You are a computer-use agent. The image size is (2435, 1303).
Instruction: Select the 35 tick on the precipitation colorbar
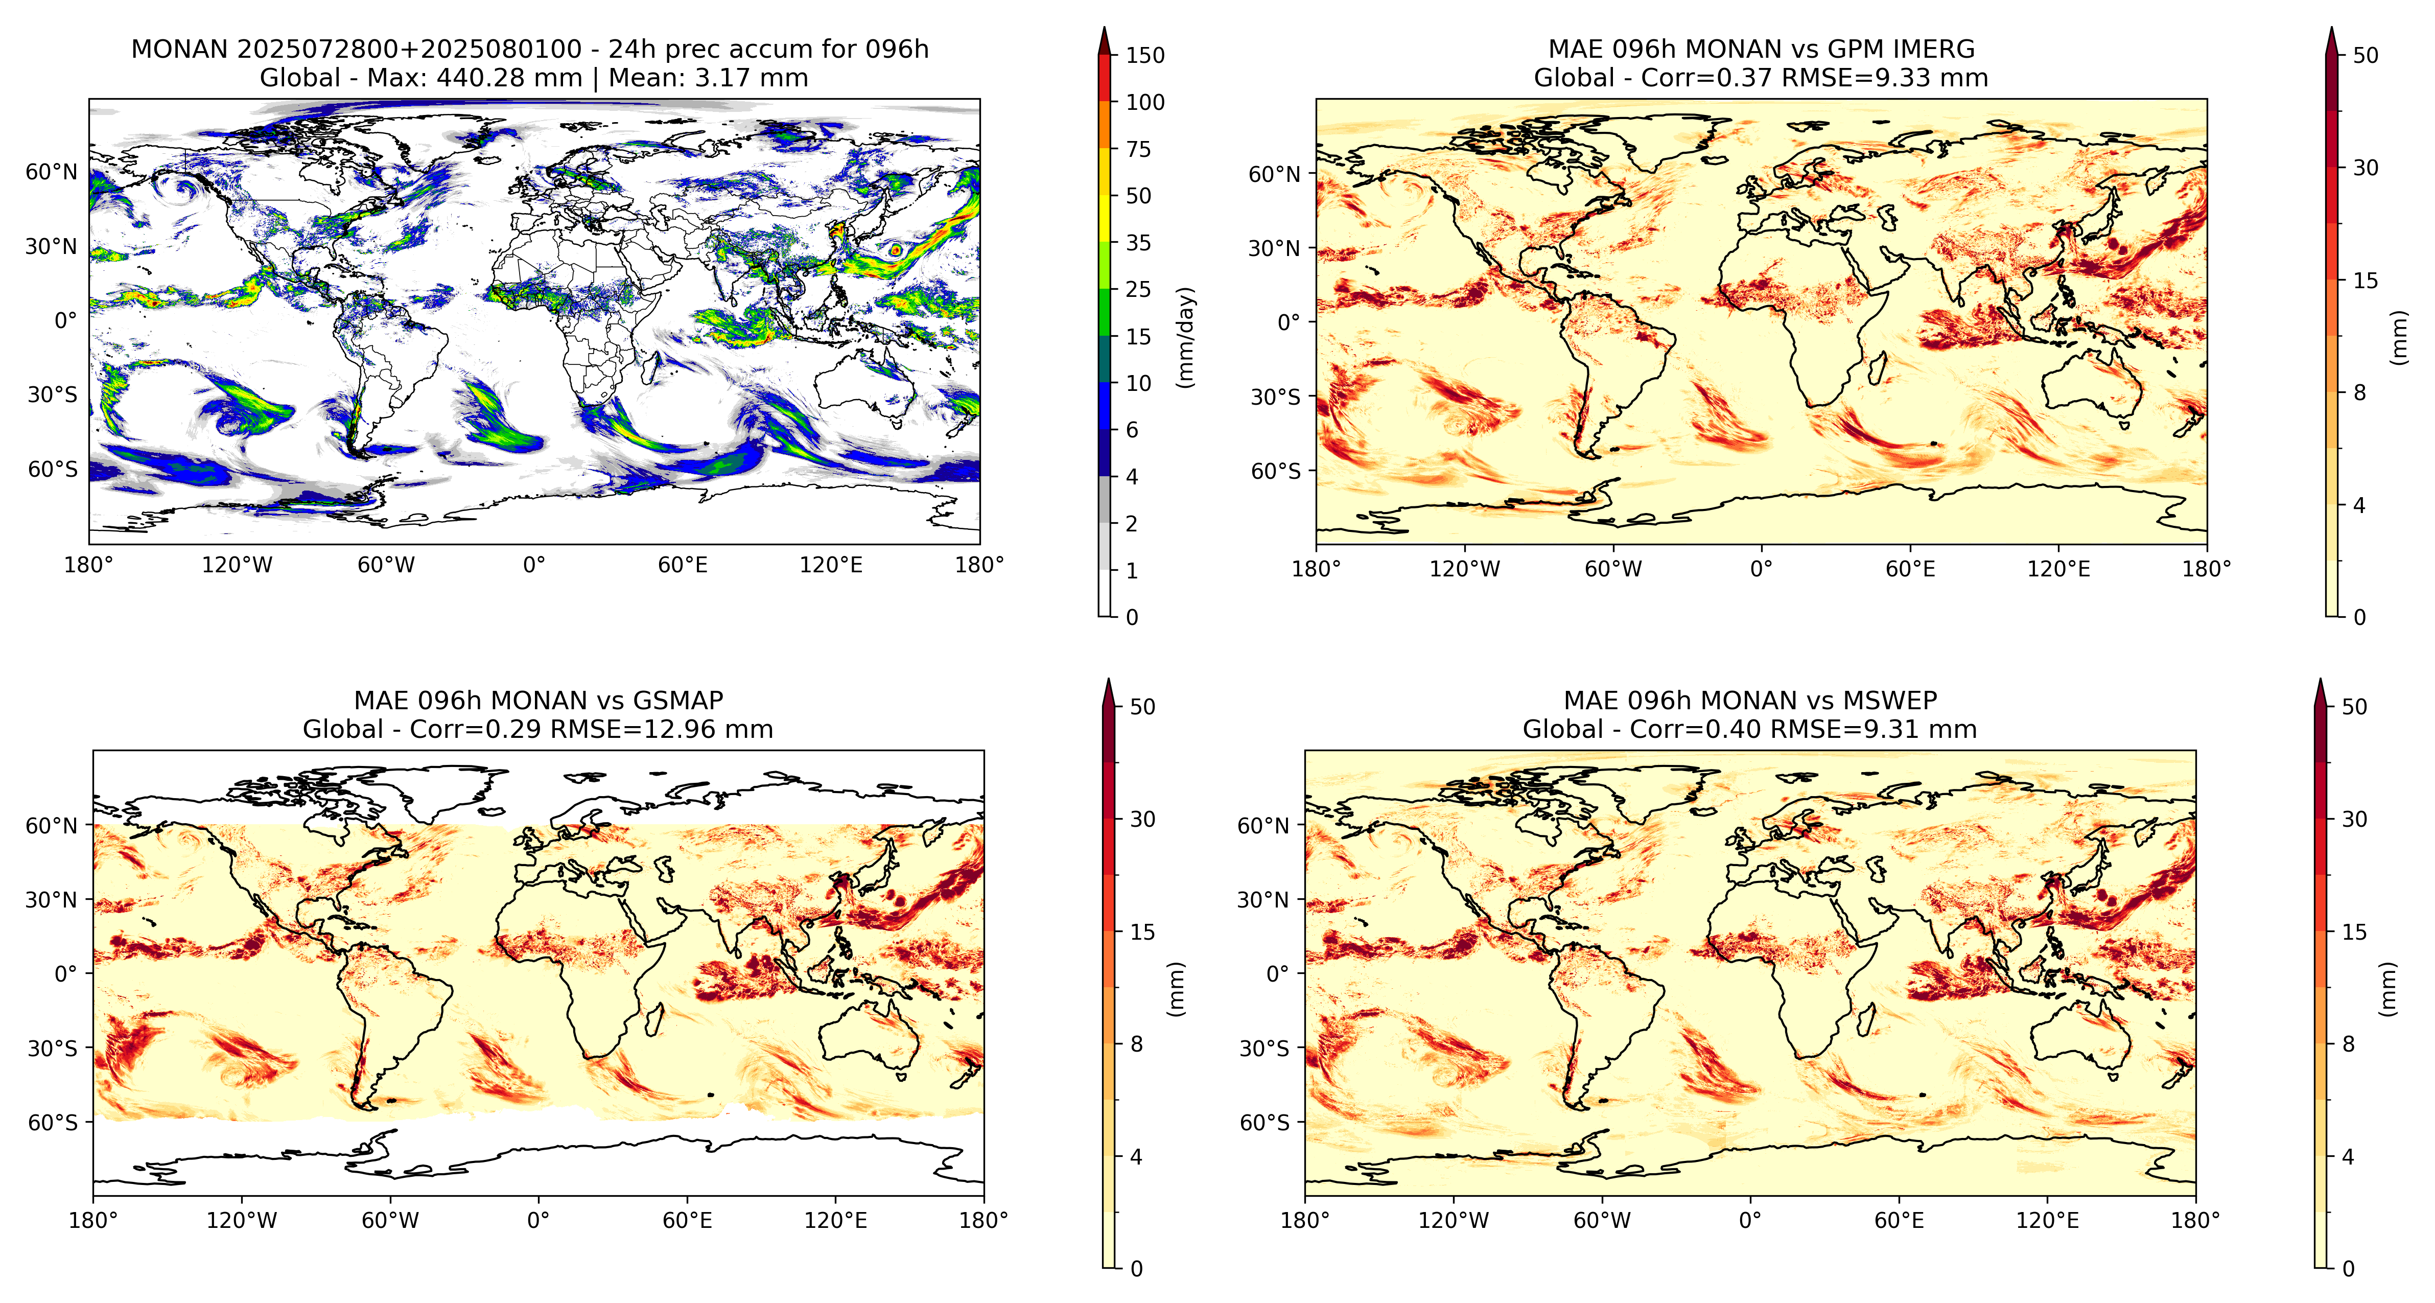click(x=1138, y=243)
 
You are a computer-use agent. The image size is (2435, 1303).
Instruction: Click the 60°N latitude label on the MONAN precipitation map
click(x=51, y=172)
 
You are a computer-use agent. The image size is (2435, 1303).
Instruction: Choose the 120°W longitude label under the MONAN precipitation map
click(x=237, y=566)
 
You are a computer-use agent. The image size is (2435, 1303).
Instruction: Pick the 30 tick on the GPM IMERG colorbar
click(x=2365, y=168)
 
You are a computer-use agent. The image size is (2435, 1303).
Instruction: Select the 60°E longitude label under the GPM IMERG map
click(x=1909, y=569)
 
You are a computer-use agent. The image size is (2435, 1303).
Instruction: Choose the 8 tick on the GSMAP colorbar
click(x=1136, y=1044)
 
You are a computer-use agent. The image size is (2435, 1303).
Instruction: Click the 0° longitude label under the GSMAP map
click(x=538, y=1221)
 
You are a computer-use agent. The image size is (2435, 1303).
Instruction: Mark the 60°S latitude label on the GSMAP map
click(x=52, y=1123)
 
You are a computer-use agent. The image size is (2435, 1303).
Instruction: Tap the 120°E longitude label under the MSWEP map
click(x=2047, y=1221)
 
